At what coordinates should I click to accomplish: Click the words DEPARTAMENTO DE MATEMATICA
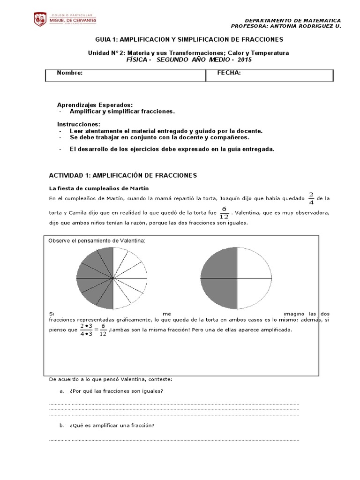293,21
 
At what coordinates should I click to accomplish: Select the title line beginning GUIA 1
189,40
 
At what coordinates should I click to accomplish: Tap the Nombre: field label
70,73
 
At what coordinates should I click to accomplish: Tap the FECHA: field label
229,73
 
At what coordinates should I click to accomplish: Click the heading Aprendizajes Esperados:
95,105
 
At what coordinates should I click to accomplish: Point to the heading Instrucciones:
78,124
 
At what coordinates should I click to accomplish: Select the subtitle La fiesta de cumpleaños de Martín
96,188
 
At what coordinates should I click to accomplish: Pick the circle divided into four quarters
236,278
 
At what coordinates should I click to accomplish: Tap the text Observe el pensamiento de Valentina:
97,240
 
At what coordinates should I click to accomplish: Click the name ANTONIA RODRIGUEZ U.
308,26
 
